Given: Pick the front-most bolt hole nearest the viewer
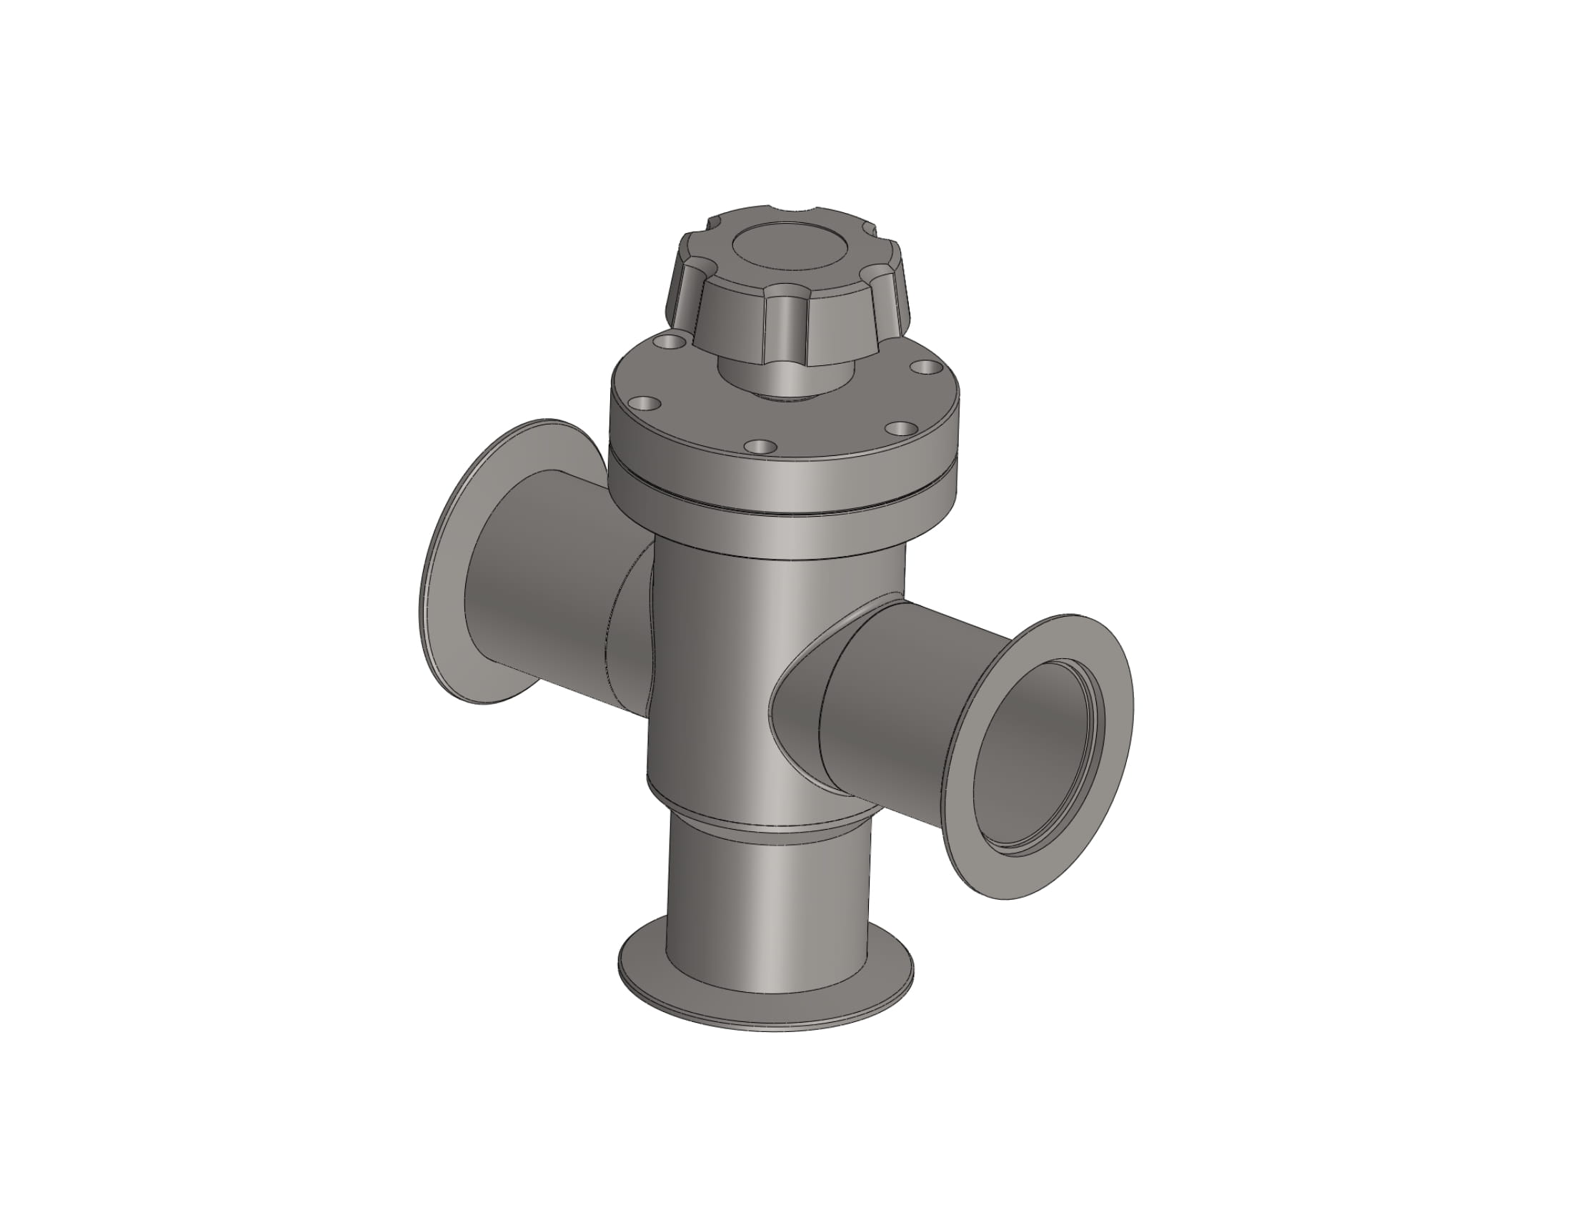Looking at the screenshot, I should [x=760, y=446].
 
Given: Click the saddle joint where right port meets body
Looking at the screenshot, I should [x=799, y=691].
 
